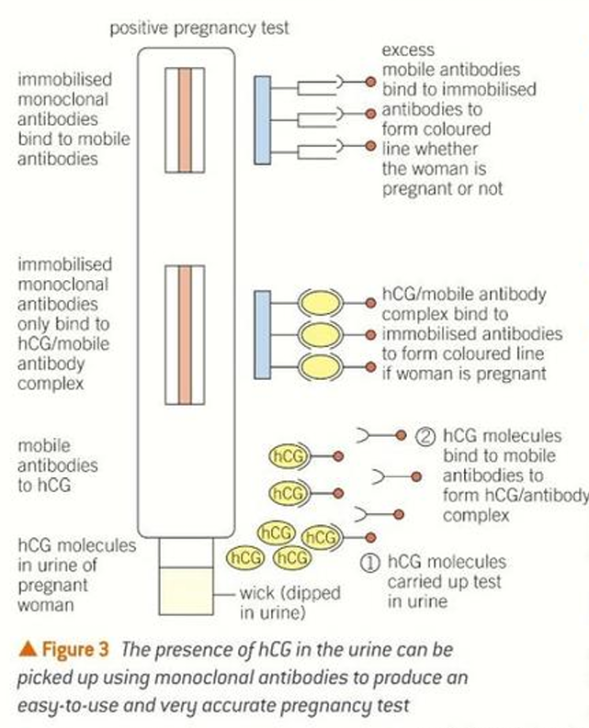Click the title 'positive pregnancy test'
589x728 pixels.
click(x=199, y=28)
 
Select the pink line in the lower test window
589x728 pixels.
click(x=185, y=335)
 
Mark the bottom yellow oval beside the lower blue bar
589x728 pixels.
click(x=323, y=367)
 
